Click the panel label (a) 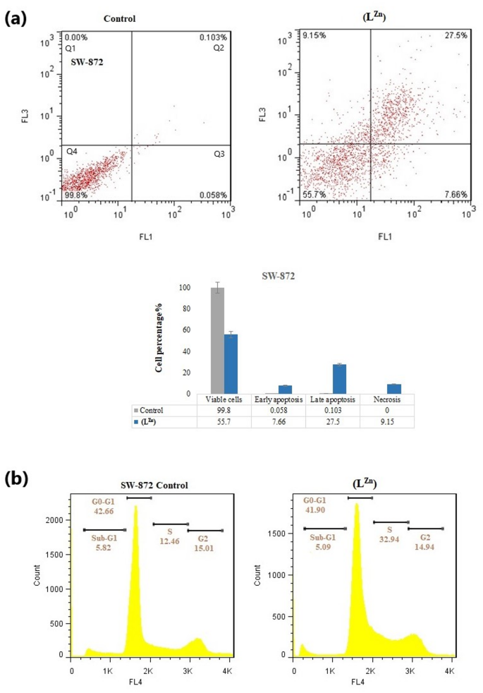point(17,19)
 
